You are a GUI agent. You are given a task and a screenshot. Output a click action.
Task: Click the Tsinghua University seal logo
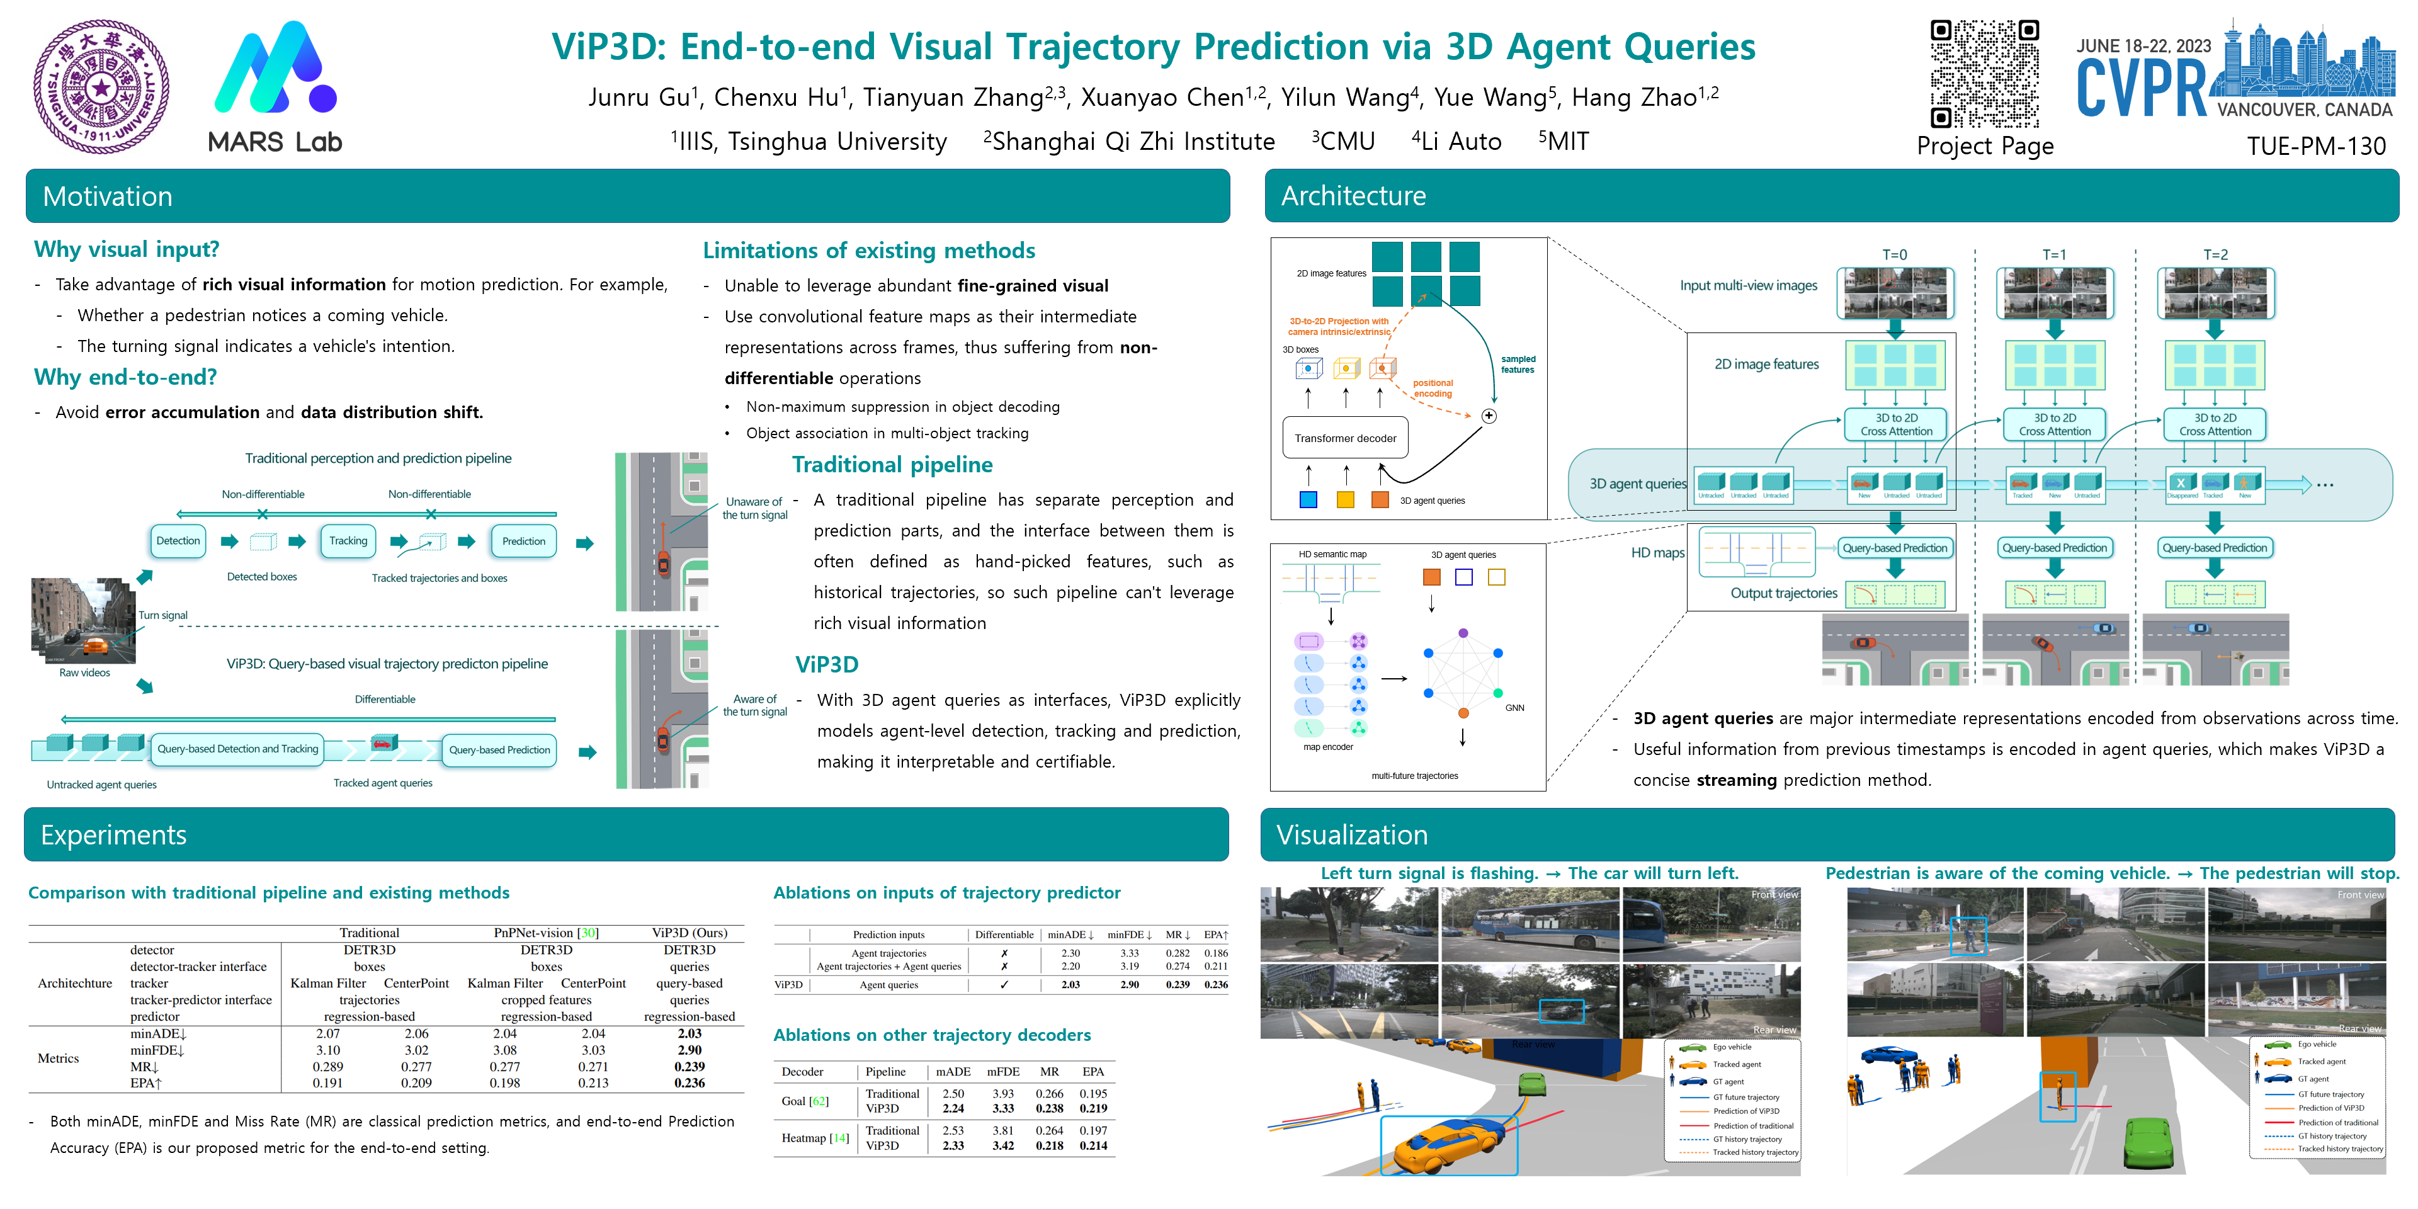coord(101,86)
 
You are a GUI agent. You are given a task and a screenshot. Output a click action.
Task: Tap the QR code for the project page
coord(1984,73)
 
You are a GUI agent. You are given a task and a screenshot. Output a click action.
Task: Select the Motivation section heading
coord(108,196)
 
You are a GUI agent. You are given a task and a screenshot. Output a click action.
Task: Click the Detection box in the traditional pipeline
coord(178,541)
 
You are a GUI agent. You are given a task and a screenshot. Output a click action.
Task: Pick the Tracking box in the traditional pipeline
coord(348,541)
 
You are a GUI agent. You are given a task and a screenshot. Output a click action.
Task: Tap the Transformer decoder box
coord(1345,438)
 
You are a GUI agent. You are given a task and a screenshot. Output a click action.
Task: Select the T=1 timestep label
coord(2054,254)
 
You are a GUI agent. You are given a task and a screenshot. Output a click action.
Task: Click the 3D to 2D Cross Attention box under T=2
coord(2215,424)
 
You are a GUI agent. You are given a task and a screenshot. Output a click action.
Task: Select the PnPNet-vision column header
coord(547,933)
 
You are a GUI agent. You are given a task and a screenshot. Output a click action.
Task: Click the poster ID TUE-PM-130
coord(2316,147)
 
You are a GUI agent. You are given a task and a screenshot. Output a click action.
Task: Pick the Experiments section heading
coord(113,834)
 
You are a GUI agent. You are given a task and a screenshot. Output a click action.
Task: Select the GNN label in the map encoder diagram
coord(1514,708)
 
